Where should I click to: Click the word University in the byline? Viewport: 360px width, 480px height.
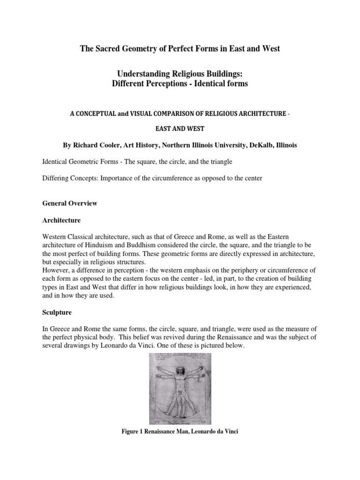click(x=218, y=145)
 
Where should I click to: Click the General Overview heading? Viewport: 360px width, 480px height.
click(x=70, y=203)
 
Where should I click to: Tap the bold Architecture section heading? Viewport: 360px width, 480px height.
click(x=61, y=220)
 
